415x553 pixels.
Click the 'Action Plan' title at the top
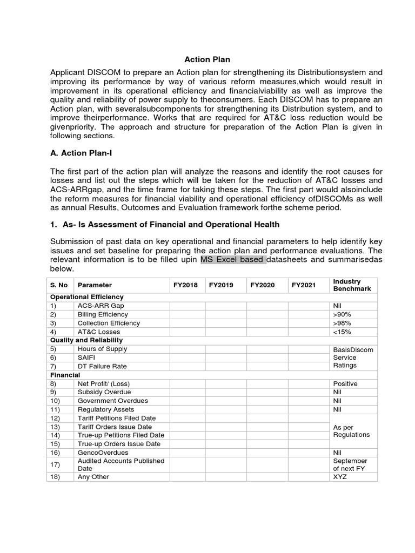207,59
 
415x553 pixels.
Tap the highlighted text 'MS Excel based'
233,260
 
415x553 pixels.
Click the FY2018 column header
185,285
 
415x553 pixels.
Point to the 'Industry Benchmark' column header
352,285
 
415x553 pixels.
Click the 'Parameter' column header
95,285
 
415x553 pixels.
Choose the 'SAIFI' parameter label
87,358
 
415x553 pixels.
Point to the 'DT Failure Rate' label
102,366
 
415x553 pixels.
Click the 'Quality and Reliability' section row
86,340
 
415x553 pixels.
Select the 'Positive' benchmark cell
345,383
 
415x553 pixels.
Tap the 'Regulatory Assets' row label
106,409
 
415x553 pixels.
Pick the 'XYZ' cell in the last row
340,477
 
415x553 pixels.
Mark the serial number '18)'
56,477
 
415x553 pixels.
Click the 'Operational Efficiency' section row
87,297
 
